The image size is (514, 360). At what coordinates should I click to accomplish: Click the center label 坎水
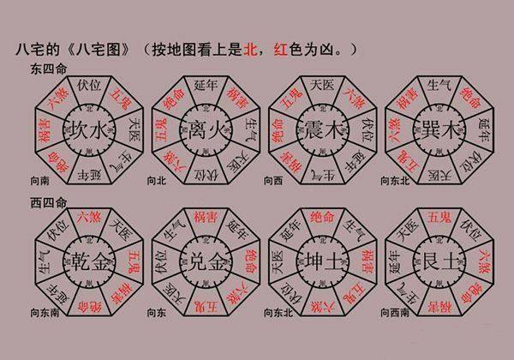(x=87, y=133)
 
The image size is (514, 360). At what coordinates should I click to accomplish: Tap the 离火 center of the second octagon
(x=202, y=133)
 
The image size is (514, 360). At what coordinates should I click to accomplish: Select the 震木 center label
(x=320, y=133)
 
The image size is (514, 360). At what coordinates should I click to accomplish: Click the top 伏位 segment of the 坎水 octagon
(x=88, y=86)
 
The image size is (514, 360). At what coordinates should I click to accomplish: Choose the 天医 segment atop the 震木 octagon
(x=320, y=86)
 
